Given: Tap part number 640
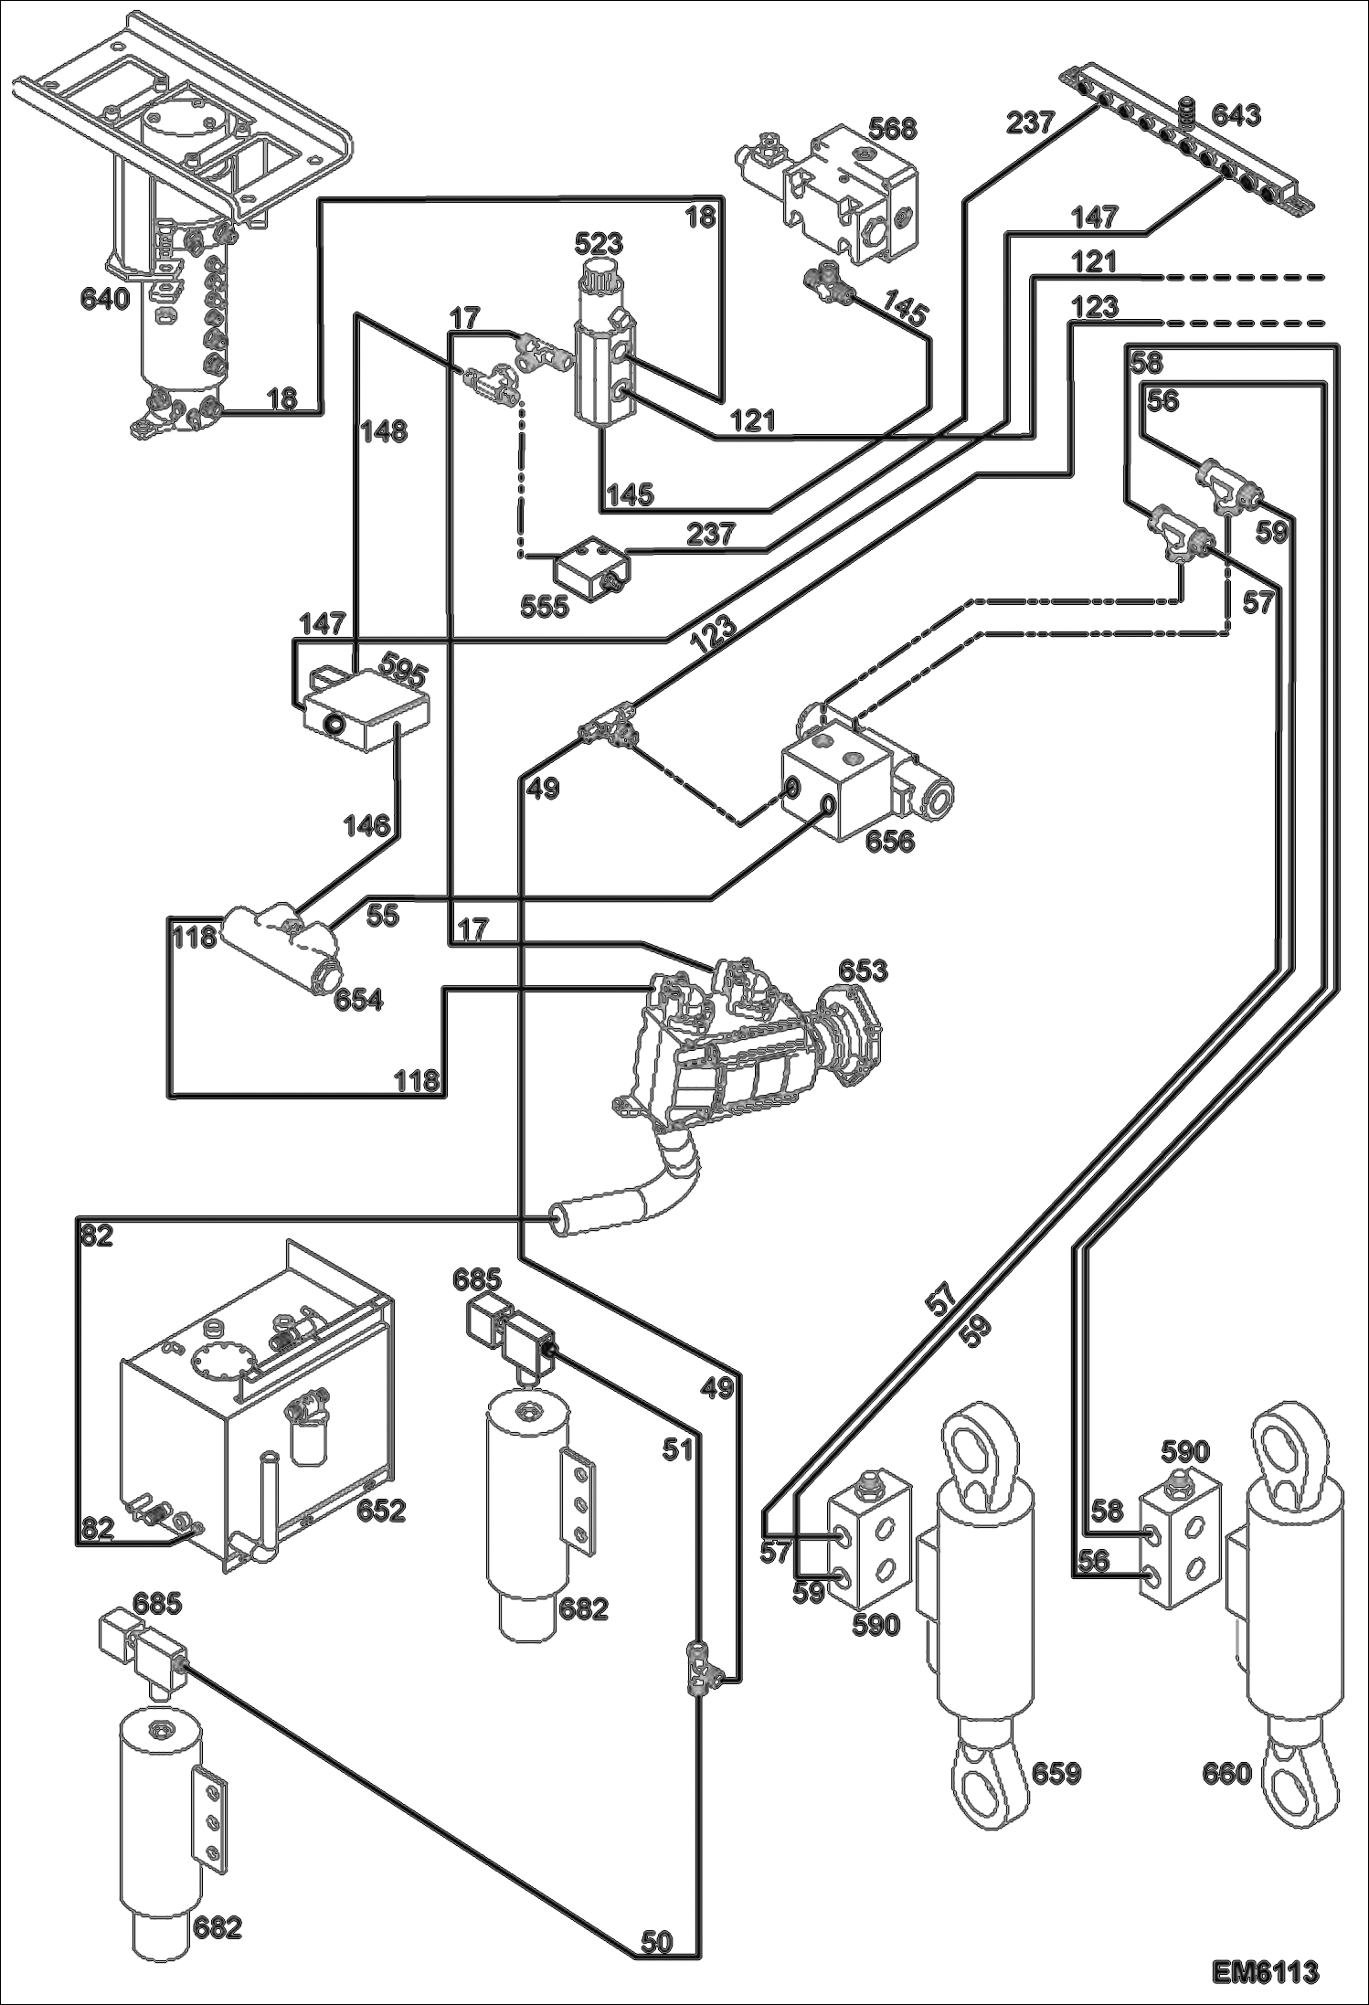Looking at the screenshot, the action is pos(105,299).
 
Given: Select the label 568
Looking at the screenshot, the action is pos(891,129).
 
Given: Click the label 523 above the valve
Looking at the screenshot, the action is pos(599,243).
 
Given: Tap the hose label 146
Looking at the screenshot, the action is pos(368,826).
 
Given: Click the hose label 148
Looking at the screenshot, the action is pos(383,431).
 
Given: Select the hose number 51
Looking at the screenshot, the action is pos(677,1449).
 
